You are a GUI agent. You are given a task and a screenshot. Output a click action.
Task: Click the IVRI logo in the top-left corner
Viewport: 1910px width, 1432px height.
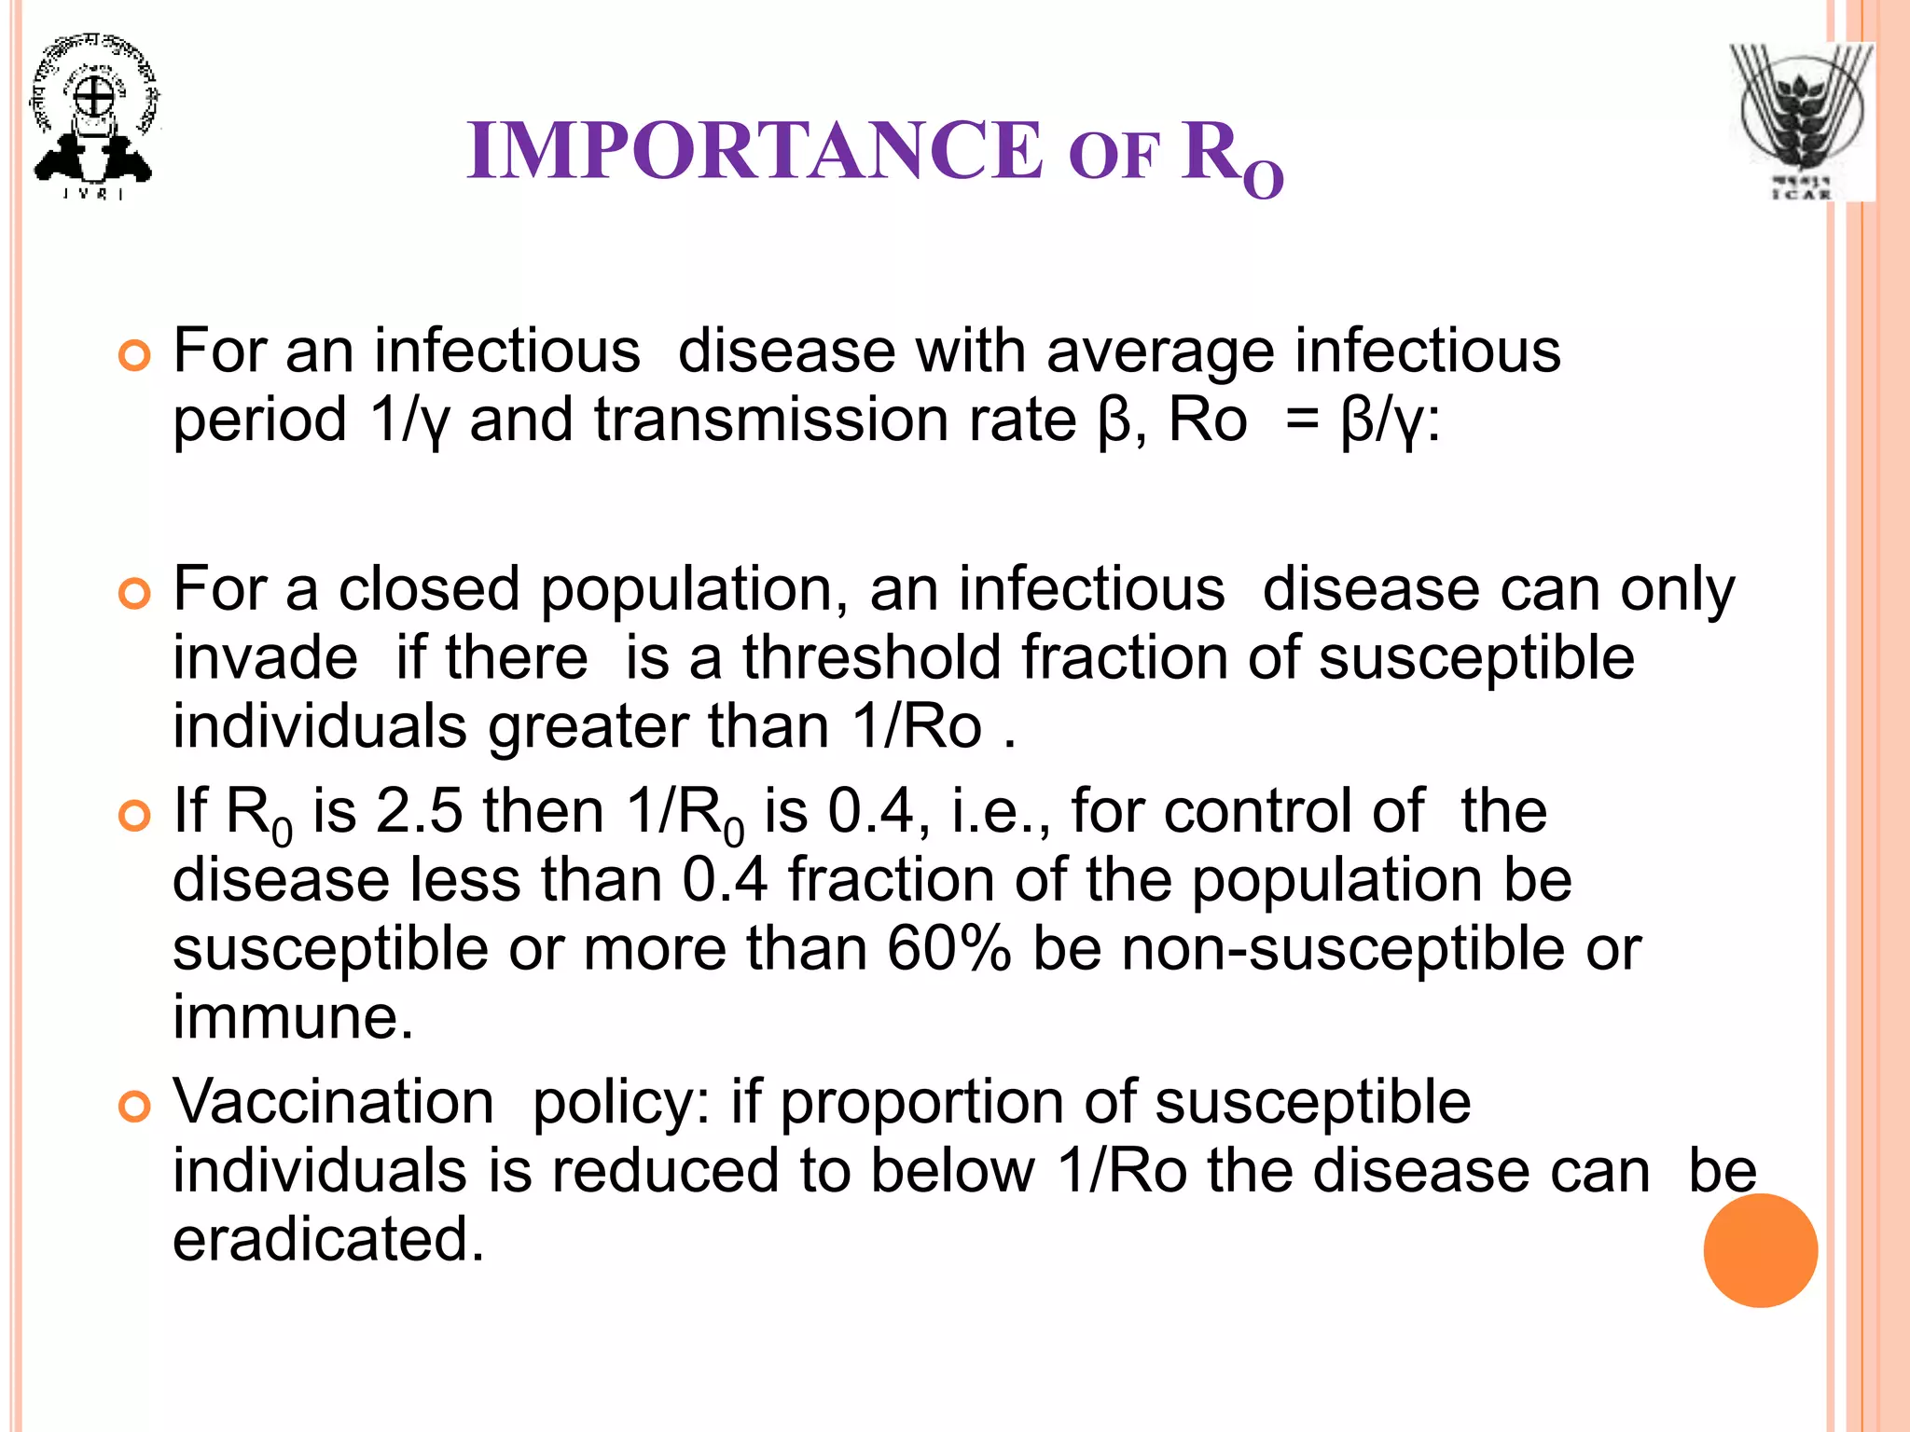[93, 117]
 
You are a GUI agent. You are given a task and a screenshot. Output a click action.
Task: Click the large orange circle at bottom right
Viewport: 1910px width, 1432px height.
[1760, 1250]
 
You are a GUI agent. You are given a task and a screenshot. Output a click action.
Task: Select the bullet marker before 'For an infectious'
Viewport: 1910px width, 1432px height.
[135, 356]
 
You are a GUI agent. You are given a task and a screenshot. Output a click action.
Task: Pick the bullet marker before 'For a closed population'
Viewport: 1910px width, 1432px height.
[135, 594]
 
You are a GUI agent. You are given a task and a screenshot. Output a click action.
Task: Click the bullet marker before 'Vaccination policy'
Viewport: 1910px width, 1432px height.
[135, 1107]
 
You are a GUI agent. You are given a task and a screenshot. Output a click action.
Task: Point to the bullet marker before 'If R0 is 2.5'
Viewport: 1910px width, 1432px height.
[135, 816]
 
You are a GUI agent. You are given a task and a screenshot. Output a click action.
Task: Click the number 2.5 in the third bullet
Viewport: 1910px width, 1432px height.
[419, 810]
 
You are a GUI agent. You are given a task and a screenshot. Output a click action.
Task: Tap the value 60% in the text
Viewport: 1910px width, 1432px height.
[948, 948]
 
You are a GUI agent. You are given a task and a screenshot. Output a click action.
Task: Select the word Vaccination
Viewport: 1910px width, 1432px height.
[334, 1102]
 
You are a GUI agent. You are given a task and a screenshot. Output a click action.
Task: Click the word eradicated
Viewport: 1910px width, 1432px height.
[328, 1240]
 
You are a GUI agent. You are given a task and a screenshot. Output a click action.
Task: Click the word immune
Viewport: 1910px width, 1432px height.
[293, 1017]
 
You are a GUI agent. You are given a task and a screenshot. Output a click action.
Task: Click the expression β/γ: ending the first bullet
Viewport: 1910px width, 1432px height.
[1390, 421]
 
